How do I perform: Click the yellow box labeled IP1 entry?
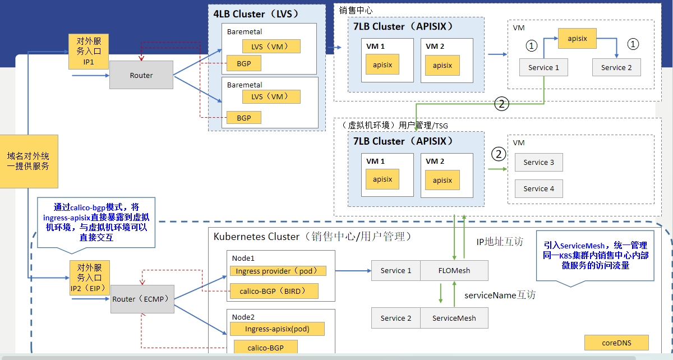(x=88, y=52)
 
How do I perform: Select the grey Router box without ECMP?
(x=141, y=75)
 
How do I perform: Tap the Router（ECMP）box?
(x=142, y=299)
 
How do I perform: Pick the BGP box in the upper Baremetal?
(x=244, y=64)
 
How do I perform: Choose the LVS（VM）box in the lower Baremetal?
(x=271, y=96)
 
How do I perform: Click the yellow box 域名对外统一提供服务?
(x=29, y=161)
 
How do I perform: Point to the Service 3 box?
(x=538, y=163)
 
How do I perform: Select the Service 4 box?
(x=538, y=189)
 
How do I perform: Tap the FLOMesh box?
(x=454, y=271)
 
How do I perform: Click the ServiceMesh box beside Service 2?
(x=454, y=318)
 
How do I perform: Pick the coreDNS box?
(x=616, y=343)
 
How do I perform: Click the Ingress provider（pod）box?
(x=278, y=271)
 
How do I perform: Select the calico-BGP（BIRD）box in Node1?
(x=274, y=291)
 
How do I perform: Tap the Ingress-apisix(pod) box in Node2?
(x=277, y=329)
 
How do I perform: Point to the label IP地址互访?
(x=499, y=242)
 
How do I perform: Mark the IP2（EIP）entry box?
(x=90, y=278)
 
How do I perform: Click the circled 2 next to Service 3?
(x=498, y=154)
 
